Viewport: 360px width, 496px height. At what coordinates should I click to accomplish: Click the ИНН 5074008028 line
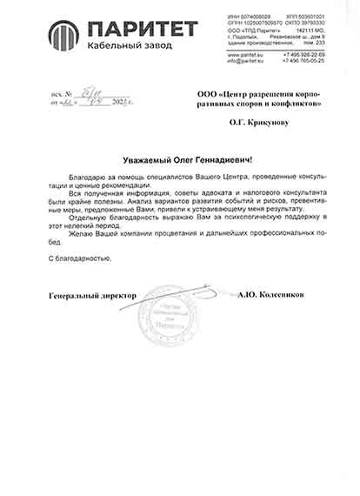pyautogui.click(x=246, y=17)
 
